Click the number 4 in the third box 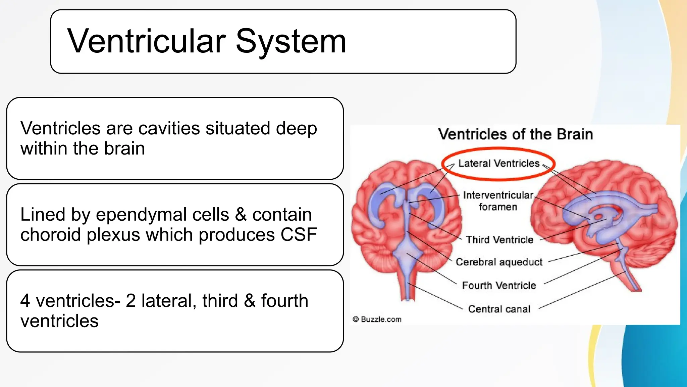[x=25, y=301]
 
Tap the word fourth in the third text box [x=284, y=301]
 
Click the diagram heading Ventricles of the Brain [x=515, y=134]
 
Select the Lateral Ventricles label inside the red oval [x=499, y=164]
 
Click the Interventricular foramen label [x=498, y=201]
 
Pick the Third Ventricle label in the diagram [x=499, y=240]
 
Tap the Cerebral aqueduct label [x=499, y=262]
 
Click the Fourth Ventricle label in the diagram [x=499, y=286]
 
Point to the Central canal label [x=499, y=309]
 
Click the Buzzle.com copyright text [x=377, y=319]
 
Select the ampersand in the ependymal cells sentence [x=241, y=215]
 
